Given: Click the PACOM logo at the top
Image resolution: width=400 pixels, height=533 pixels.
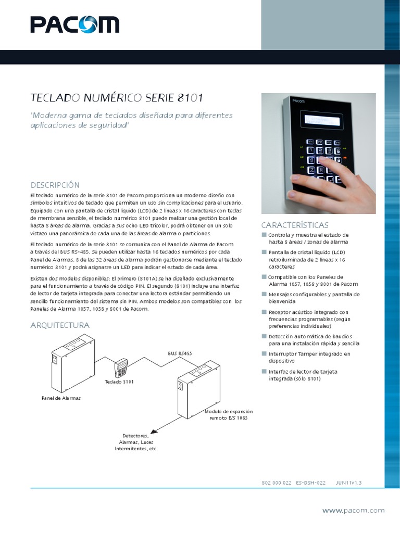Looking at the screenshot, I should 74,24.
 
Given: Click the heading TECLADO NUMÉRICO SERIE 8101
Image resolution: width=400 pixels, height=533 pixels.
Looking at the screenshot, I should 117,98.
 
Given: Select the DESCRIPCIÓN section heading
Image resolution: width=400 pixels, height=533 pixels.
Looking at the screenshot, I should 55,185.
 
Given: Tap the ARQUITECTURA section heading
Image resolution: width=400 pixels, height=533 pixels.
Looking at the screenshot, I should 60,325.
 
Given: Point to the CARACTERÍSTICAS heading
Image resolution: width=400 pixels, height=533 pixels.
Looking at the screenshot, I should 295,225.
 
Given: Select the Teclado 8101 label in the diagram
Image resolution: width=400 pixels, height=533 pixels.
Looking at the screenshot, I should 119,382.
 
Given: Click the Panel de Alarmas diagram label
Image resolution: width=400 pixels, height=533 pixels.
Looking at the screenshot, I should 61,398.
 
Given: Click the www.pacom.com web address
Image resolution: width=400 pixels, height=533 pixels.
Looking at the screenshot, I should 353,511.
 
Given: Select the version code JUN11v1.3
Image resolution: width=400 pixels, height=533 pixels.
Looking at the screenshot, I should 348,483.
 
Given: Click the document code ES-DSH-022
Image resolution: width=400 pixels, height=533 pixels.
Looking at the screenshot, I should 310,483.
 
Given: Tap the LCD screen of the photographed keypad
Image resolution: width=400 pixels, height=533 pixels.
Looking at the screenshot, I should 322,121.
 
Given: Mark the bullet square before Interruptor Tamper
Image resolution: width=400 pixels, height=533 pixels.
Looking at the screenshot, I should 264,354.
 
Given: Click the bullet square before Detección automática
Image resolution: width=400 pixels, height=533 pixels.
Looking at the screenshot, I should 264,337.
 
